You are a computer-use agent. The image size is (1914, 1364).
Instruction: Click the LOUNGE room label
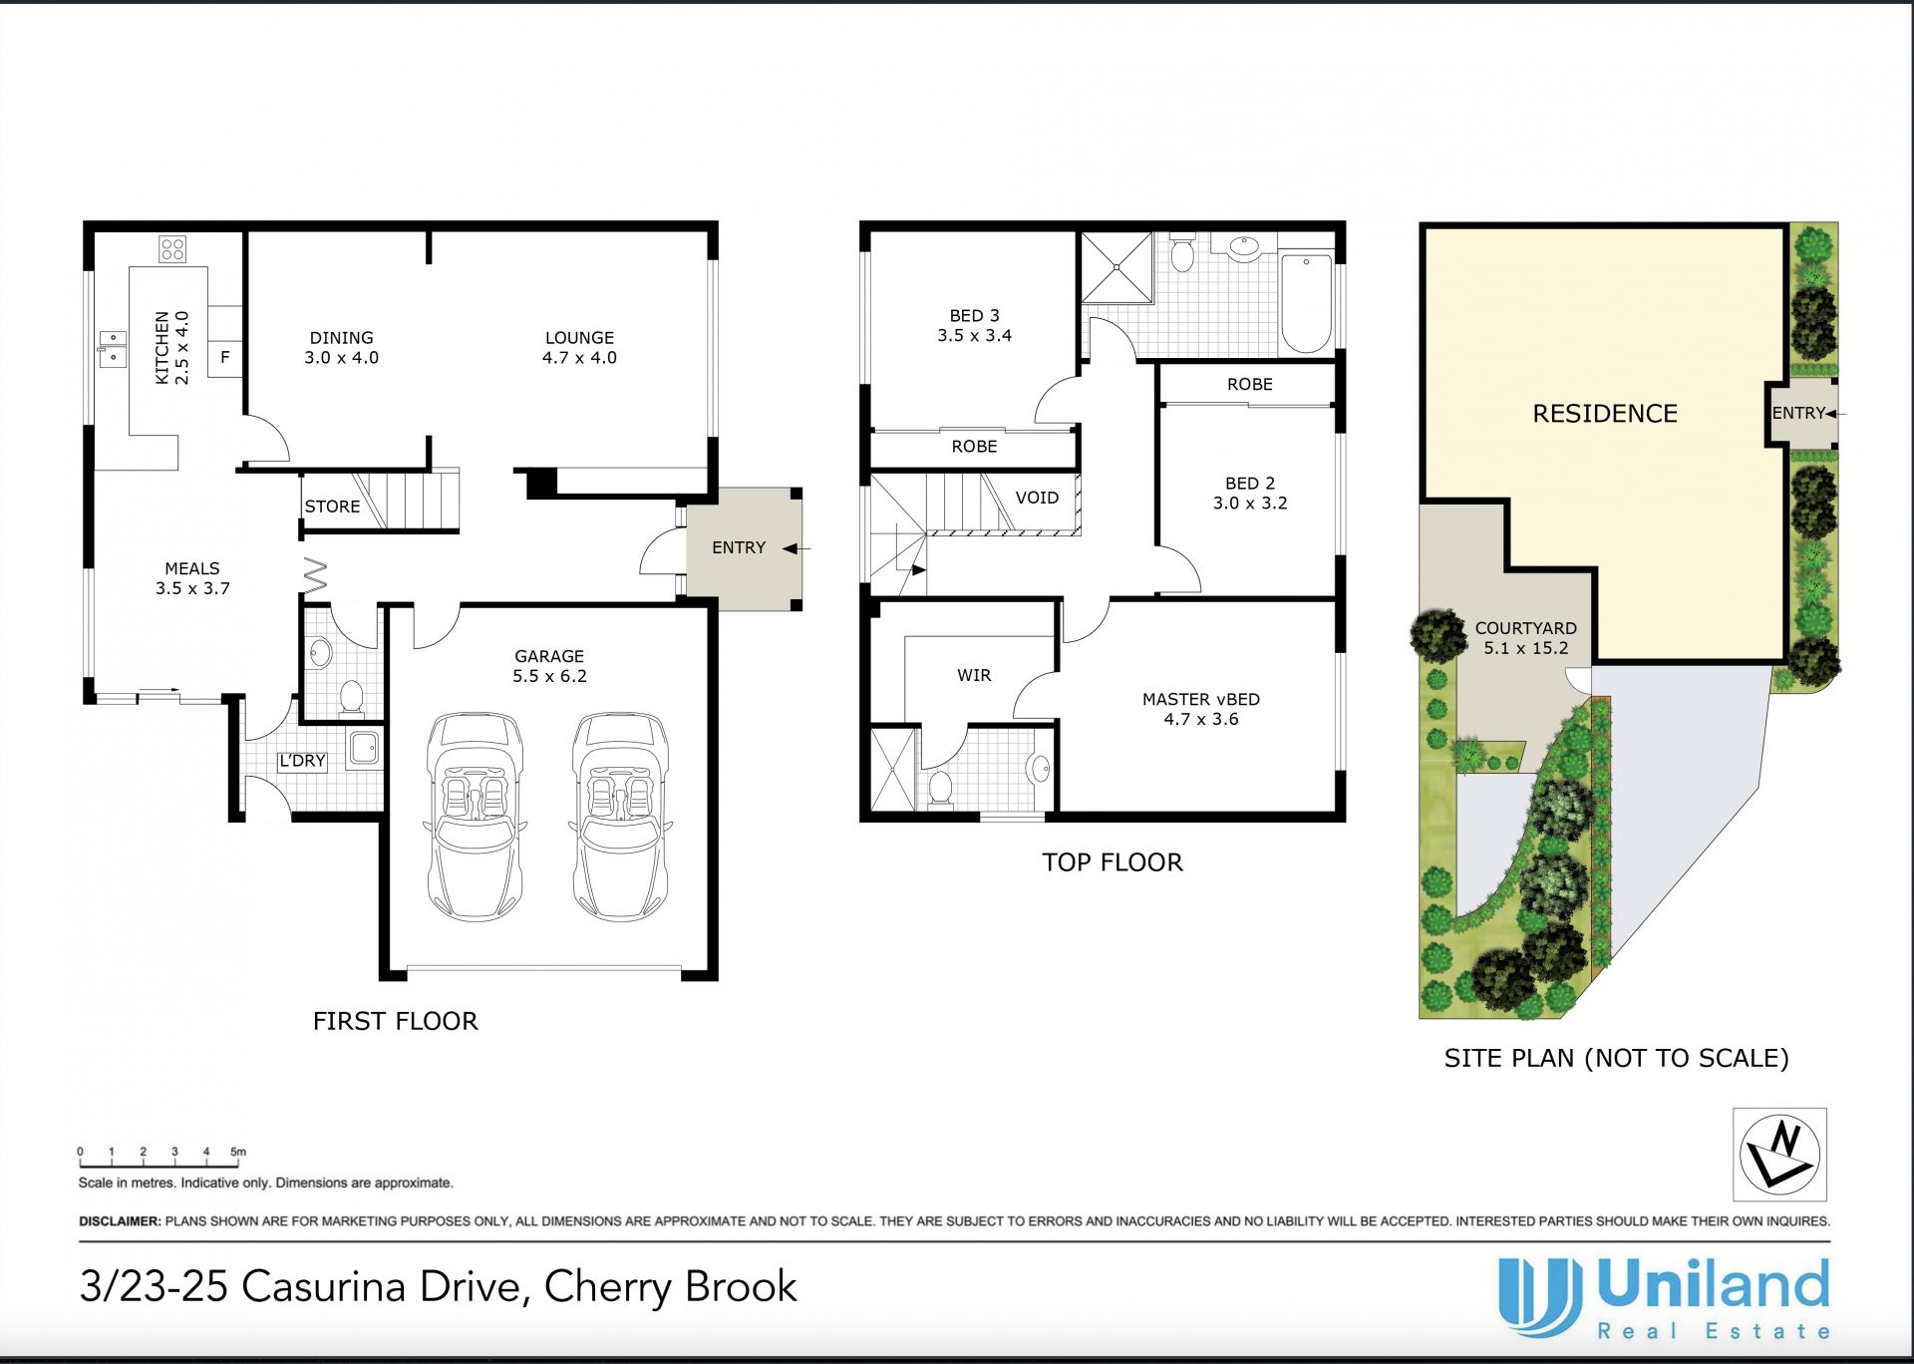coord(579,338)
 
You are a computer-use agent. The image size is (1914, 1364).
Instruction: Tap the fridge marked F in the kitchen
coord(225,357)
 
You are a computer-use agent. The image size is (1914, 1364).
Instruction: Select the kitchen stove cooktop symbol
coord(172,248)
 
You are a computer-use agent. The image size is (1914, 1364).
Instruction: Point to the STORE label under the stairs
coord(332,507)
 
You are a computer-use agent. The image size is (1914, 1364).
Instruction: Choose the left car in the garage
coord(475,817)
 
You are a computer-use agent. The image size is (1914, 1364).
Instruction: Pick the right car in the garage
coord(620,817)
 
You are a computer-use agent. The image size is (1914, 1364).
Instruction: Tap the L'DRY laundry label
coord(302,761)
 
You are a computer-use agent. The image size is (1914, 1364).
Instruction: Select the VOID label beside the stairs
coord(1037,498)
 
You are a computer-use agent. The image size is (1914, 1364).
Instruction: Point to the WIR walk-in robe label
coord(974,675)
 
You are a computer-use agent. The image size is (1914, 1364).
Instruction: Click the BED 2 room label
coord(1250,484)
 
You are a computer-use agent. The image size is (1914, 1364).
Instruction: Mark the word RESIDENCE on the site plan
coord(1605,414)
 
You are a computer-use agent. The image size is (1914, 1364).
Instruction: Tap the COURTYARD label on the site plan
coord(1526,628)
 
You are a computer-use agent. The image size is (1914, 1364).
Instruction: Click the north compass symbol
coord(1779,1154)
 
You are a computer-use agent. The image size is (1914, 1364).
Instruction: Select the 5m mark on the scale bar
coord(238,1152)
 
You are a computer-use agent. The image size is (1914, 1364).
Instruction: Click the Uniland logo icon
coord(1540,1296)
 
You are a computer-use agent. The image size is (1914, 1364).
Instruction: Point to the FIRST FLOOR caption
coord(396,1021)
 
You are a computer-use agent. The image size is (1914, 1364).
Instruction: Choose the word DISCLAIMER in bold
coord(120,1221)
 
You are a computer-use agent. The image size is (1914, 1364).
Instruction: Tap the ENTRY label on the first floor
coord(739,547)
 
